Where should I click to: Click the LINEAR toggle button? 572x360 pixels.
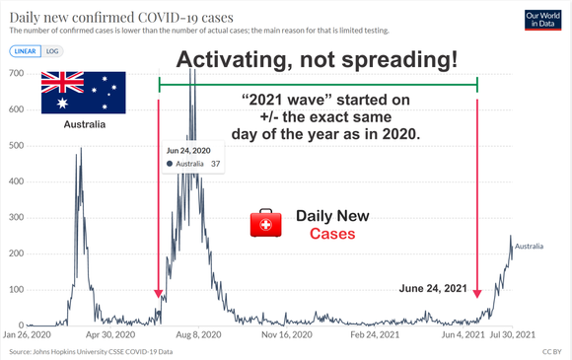pos(26,51)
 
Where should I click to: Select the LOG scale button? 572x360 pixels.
pos(52,51)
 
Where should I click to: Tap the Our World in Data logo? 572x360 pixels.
pos(542,20)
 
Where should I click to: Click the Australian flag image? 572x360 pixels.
pos(84,93)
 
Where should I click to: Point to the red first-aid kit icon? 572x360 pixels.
pos(265,223)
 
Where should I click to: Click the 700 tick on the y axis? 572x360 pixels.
pos(16,73)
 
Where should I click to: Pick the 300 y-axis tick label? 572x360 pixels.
pos(16,217)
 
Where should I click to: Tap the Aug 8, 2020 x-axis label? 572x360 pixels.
pos(198,334)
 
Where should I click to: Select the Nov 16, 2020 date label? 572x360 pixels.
pos(287,334)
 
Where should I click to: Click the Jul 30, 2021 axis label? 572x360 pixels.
pos(513,334)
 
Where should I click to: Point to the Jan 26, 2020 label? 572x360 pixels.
pos(27,334)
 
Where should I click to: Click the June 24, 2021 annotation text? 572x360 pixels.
pos(433,289)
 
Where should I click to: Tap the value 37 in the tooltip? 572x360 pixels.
pos(216,164)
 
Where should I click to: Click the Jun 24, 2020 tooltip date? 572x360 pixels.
pos(188,151)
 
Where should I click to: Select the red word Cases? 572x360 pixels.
pos(332,234)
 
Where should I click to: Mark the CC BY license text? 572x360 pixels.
pos(552,352)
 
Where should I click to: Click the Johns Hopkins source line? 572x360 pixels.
pos(91,352)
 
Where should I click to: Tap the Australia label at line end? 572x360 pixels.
pos(529,247)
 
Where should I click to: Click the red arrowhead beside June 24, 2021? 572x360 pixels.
pos(477,294)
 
